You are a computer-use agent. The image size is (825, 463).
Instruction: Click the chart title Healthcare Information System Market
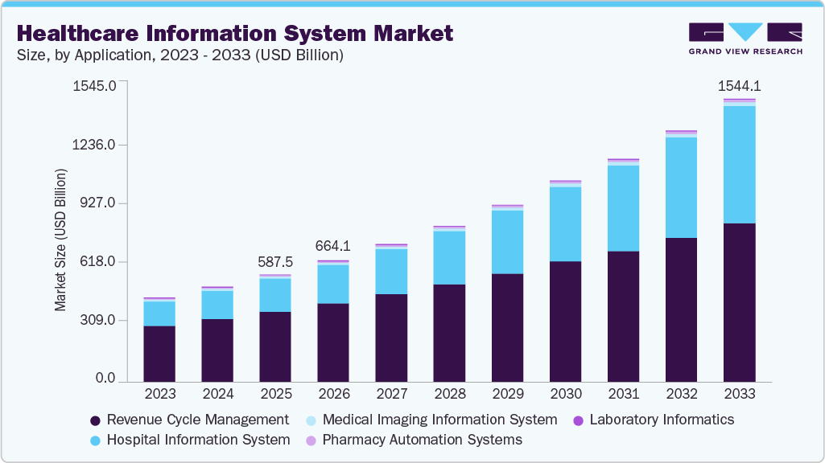234,34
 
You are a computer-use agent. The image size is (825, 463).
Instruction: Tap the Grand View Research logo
745,39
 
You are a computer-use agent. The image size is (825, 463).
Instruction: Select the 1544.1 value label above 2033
739,85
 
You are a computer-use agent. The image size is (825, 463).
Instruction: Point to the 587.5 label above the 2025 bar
275,262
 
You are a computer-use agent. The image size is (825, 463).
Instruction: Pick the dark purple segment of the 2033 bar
739,301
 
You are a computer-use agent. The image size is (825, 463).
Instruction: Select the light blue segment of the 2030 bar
565,223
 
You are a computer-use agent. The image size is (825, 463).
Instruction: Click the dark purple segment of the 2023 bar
159,353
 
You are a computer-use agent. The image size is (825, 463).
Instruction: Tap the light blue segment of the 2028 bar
449,257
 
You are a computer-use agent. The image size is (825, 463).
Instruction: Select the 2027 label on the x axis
391,395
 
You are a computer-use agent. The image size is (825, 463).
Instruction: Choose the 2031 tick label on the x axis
623,395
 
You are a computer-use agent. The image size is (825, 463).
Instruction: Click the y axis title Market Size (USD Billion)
60,240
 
